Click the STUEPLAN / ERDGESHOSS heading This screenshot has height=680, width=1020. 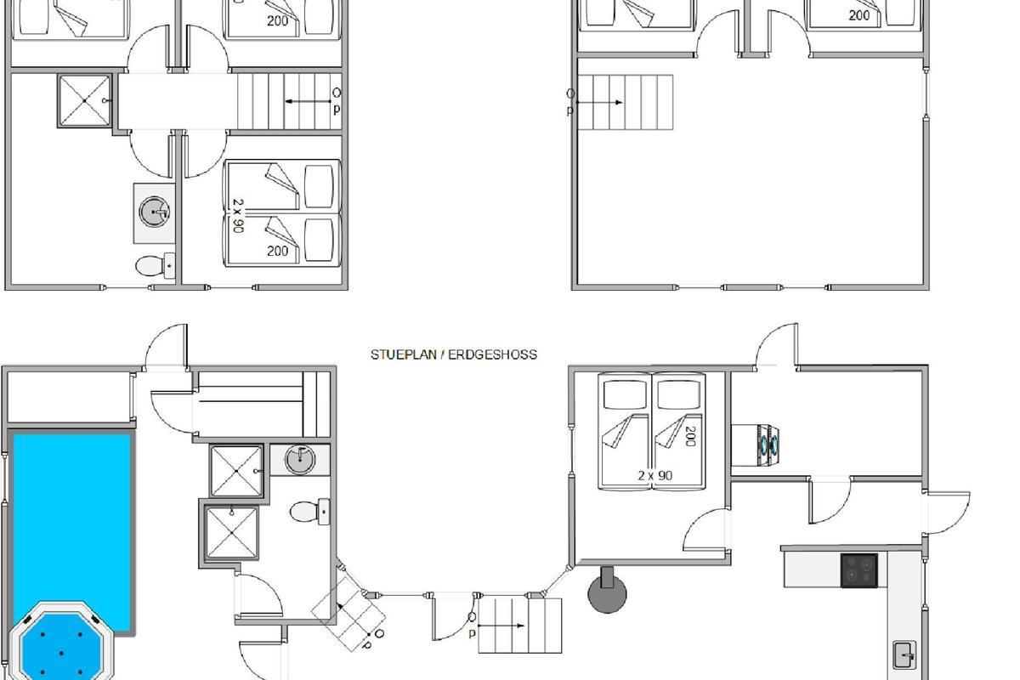(454, 354)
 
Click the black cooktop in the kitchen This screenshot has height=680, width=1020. (858, 570)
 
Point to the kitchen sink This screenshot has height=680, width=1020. (904, 655)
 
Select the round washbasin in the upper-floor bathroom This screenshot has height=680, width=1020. (154, 212)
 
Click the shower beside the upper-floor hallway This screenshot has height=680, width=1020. (85, 100)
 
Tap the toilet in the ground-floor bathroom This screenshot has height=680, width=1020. (309, 512)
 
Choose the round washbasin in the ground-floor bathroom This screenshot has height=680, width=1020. (300, 460)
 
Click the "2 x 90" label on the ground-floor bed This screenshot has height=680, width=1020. (654, 476)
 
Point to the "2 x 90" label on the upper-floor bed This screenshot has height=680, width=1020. (238, 215)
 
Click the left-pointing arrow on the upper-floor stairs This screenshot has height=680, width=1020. (308, 101)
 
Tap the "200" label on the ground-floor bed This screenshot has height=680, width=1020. (690, 436)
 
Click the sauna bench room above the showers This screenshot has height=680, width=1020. (263, 405)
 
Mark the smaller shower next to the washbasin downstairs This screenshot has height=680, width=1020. (236, 471)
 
